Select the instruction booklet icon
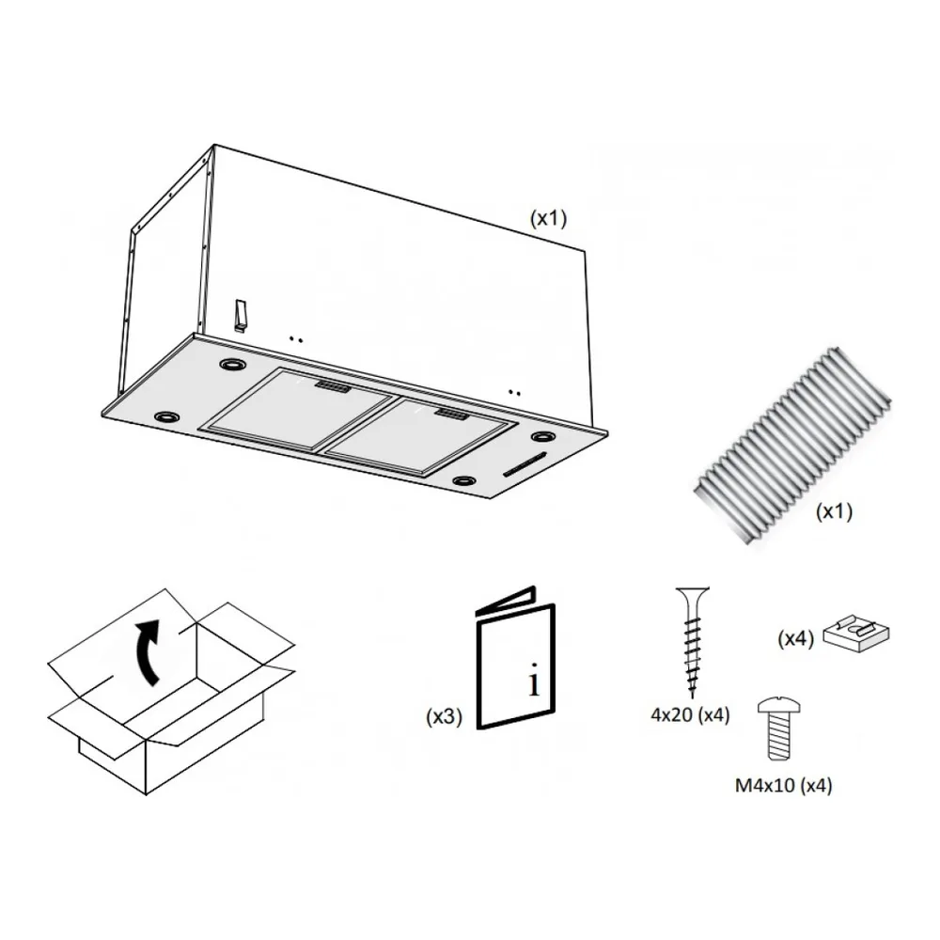coord(515,658)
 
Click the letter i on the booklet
coord(534,680)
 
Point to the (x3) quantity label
coord(445,715)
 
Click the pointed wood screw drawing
coord(693,642)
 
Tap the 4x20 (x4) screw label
coord(690,714)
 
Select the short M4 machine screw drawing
coord(778,729)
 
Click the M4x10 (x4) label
coord(784,785)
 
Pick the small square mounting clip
coord(856,633)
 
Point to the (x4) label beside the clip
coord(795,638)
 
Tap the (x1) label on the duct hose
coord(834,511)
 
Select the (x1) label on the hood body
coord(548,218)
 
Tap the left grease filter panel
coord(300,409)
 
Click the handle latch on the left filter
coord(333,386)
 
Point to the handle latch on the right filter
coord(453,415)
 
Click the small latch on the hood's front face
coord(240,315)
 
